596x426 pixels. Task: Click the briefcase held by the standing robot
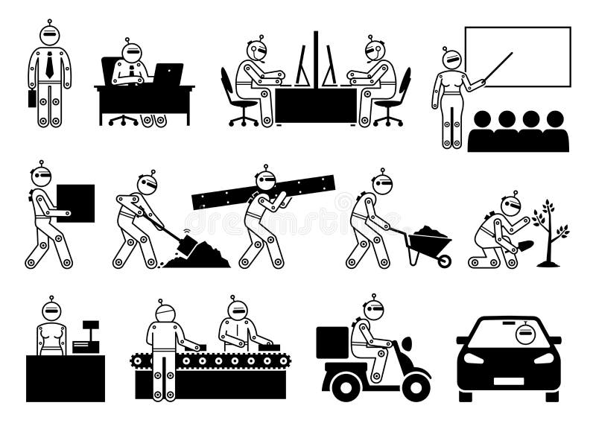click(x=32, y=98)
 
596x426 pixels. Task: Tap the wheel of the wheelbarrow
click(x=444, y=259)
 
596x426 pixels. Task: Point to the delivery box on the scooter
click(x=332, y=343)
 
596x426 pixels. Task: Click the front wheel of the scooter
click(x=413, y=380)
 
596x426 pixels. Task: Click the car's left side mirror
click(x=462, y=340)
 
